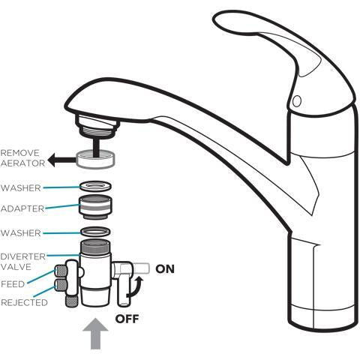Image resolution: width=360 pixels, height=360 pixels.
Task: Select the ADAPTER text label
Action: click(22, 208)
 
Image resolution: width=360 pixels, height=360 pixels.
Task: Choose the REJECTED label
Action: click(23, 302)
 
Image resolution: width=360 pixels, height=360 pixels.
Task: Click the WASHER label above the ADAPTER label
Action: click(21, 187)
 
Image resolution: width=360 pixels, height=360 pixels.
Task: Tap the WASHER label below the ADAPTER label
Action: click(21, 233)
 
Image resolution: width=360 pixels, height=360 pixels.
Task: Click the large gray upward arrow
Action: click(96, 334)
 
